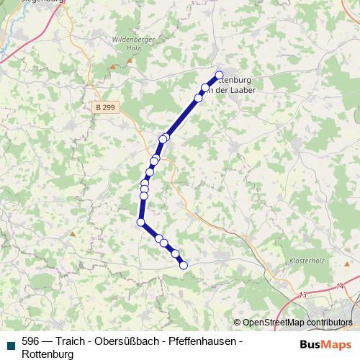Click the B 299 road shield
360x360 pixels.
105,107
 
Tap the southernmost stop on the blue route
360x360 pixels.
183,265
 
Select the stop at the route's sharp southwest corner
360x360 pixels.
140,222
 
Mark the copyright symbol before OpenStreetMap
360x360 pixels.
238,323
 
